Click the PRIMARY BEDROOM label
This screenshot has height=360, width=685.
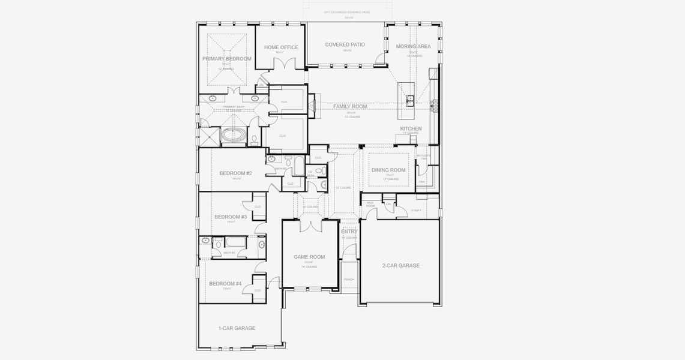tap(226, 59)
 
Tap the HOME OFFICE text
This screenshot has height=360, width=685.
tap(281, 47)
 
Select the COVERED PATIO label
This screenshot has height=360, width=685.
tap(345, 45)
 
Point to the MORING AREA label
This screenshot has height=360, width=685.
tap(413, 46)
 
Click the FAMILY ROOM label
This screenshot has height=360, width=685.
tap(350, 106)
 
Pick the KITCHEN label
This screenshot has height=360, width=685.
tap(411, 128)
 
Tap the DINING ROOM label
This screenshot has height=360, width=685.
tap(388, 170)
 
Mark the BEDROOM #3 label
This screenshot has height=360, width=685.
tap(231, 217)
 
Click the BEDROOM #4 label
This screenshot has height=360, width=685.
tap(225, 284)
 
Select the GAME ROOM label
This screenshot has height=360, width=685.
tap(309, 257)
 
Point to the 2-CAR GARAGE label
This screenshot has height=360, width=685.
tap(400, 265)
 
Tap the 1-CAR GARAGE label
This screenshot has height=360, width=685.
tap(237, 328)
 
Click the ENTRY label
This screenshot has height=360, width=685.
tap(349, 232)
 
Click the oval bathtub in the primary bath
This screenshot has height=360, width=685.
tap(233, 136)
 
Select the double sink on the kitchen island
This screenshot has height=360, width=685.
tap(411, 100)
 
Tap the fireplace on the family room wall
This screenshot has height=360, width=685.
tap(312, 106)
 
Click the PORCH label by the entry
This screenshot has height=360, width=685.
tap(349, 279)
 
